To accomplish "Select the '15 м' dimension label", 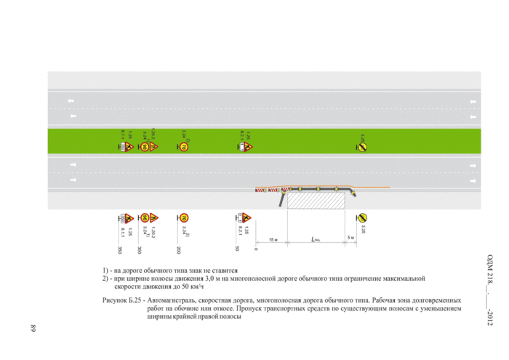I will (x=272, y=239).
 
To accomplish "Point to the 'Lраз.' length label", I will (x=315, y=239).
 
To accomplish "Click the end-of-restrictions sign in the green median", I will (x=362, y=147).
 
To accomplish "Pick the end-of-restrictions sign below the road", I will (x=362, y=217).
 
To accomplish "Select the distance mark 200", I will (x=178, y=249).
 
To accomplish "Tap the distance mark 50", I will (x=237, y=249).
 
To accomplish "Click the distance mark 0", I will (x=256, y=249).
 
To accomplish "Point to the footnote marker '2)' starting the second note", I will (x=105, y=279).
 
